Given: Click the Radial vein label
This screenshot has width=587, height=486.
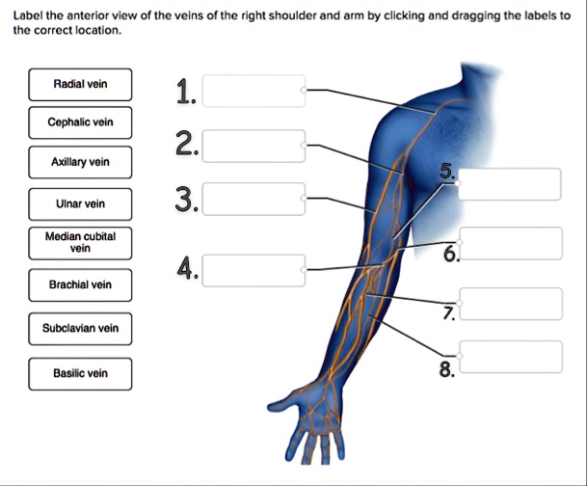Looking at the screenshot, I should coord(80,85).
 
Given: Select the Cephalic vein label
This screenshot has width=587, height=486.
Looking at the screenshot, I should coord(80,122).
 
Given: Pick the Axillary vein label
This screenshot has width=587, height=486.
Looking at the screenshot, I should coord(80,162).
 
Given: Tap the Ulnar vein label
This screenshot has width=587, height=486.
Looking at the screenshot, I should coord(80,204).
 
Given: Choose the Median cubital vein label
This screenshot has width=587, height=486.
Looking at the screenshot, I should coord(80,242).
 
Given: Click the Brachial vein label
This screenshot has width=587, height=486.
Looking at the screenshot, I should coord(80,284).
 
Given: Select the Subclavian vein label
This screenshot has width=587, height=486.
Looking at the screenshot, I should coord(80,328).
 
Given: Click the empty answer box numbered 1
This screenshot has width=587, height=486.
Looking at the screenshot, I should coord(254,91).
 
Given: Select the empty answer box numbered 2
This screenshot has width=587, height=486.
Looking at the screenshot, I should coord(254,147).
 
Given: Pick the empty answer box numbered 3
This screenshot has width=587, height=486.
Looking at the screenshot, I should coord(254,198).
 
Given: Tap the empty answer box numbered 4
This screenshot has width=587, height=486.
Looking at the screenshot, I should coord(254,270).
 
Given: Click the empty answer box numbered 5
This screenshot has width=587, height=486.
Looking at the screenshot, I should coord(510,184).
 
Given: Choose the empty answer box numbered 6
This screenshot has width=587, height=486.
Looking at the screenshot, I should coord(510,243).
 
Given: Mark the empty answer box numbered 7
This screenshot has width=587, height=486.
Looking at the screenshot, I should coord(510,303).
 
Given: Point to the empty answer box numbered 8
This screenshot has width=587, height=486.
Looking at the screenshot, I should coord(510,356).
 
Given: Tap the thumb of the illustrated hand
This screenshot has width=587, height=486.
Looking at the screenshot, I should coord(281,403).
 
